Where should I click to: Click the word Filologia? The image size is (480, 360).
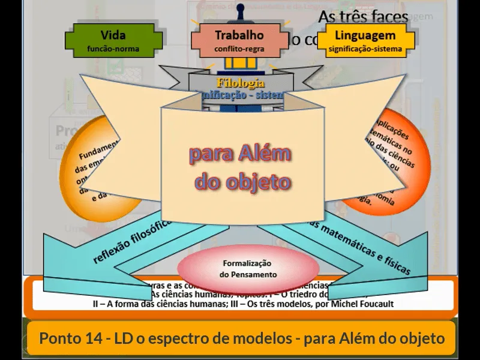tap(240, 83)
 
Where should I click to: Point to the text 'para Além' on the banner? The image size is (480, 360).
tap(240, 154)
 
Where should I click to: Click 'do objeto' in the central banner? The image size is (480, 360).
tap(240, 181)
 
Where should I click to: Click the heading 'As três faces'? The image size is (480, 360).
tap(364, 17)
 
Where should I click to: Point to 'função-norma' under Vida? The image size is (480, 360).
tap(113, 49)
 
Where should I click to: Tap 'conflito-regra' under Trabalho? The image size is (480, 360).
tap(239, 49)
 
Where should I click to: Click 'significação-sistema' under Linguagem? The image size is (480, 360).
tap(365, 49)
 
